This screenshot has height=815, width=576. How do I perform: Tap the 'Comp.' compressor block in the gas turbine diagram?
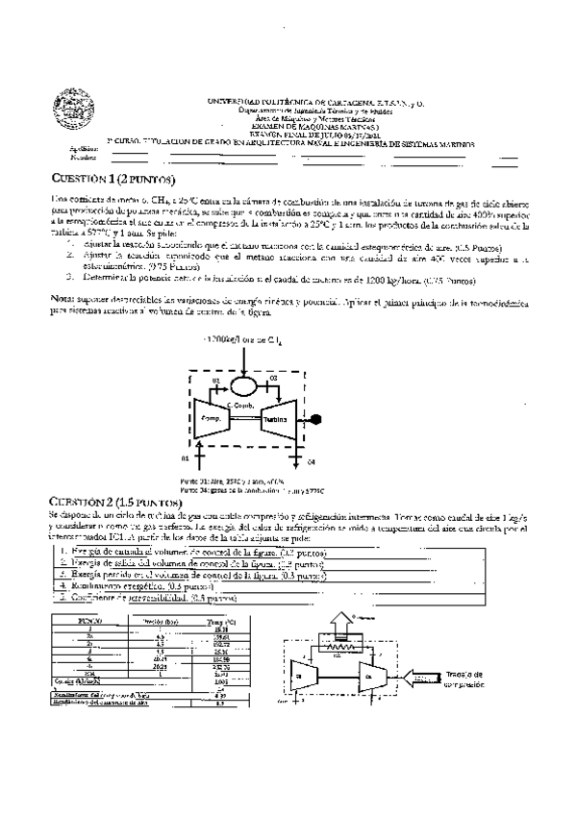[x=212, y=420]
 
